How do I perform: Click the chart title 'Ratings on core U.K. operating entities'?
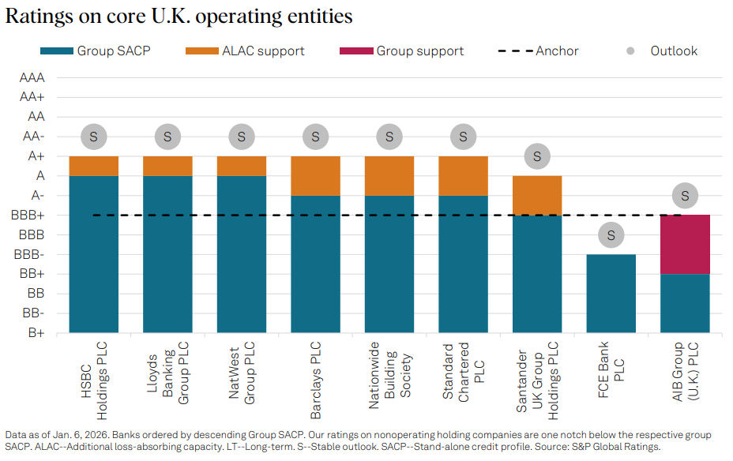179,17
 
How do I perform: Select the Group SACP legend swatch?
56,51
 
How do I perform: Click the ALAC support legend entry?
244,51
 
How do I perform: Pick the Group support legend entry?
401,51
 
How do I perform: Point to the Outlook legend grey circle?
630,51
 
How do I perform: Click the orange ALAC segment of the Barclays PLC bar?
315,175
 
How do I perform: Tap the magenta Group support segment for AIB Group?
685,244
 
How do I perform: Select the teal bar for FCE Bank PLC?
611,293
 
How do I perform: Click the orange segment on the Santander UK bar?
537,195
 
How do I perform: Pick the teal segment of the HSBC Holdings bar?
94,253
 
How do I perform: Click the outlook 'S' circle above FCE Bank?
611,234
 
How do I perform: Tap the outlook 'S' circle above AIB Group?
685,196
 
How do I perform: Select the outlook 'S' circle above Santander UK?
537,156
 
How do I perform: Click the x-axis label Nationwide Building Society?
389,376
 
